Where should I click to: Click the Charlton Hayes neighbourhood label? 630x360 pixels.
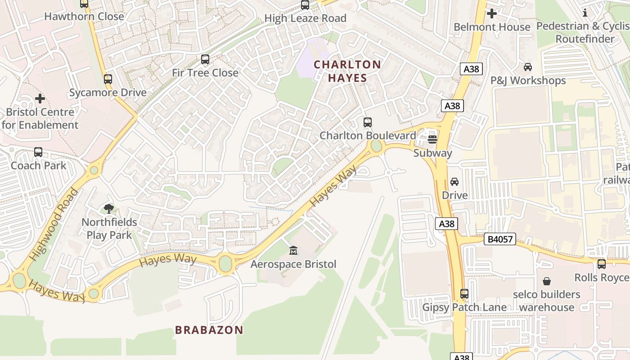point(347,71)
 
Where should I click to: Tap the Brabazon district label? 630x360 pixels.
point(209,330)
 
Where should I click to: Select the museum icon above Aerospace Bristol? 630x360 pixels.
point(293,250)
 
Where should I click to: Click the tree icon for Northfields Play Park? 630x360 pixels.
point(108,208)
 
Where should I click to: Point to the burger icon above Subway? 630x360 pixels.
point(432,139)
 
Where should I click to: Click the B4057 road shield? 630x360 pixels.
point(500,239)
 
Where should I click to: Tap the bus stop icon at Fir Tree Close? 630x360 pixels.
point(205,59)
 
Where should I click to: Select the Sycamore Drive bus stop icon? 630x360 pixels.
point(108,79)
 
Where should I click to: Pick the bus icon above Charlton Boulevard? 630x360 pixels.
point(367,122)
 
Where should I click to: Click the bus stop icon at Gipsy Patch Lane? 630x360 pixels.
point(464,294)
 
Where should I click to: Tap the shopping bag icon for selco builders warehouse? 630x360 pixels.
point(546,281)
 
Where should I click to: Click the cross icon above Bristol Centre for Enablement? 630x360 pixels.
point(40,98)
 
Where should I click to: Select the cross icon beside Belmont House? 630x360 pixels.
point(491,13)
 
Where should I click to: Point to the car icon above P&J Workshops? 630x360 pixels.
point(527,67)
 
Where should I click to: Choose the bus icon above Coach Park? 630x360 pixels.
point(38,152)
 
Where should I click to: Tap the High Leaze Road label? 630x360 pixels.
point(305,18)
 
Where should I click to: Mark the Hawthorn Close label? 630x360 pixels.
point(84,17)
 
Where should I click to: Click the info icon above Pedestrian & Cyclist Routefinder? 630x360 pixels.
point(585,13)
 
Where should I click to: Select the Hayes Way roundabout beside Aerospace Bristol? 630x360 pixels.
point(225,264)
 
